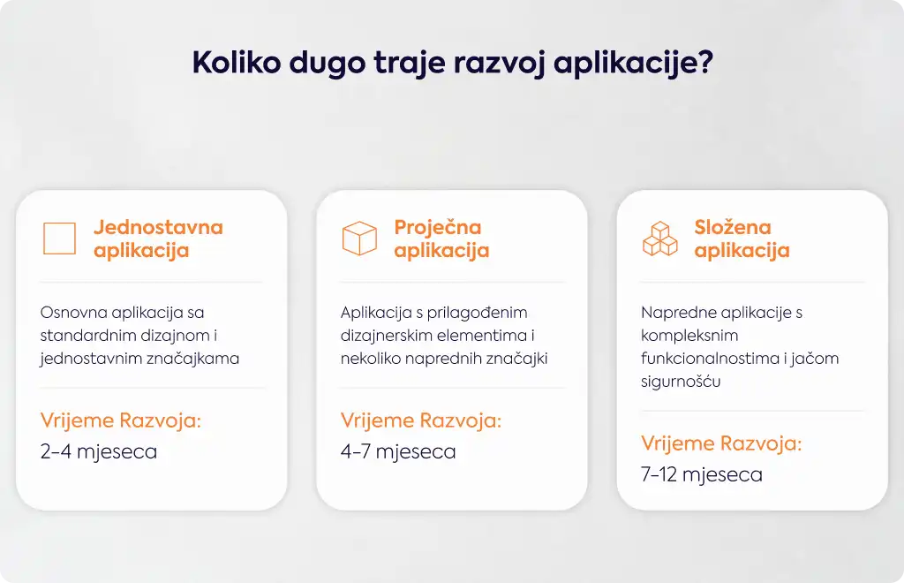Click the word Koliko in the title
pos(237,62)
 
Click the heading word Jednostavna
pos(159,227)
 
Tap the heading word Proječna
pos(438,229)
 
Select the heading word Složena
pos(732,227)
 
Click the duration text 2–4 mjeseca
pos(99,451)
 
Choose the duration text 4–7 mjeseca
pos(398,451)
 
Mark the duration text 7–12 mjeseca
pos(702,474)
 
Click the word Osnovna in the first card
pos(74,313)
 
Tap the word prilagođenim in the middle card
pos(477,314)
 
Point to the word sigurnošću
pos(681,382)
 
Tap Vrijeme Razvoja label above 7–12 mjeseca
pos(721,443)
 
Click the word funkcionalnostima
pos(710,359)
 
